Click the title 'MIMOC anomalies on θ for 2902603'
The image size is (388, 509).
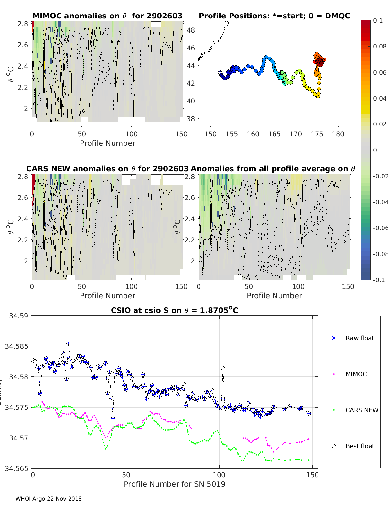(x=107, y=16)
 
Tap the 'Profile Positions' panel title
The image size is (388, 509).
(x=274, y=16)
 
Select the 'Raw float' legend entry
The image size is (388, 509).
(x=360, y=338)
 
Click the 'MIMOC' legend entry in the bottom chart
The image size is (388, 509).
(x=356, y=374)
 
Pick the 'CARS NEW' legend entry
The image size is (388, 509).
(x=361, y=410)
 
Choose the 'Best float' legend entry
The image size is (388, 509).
(x=360, y=446)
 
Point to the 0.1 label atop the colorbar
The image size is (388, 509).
(x=378, y=20)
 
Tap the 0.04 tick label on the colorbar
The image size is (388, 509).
(x=380, y=98)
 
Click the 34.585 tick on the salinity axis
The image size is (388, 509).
(x=17, y=346)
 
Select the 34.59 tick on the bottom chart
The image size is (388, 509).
(x=18, y=316)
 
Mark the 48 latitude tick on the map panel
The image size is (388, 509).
(x=191, y=30)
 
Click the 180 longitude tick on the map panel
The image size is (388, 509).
(x=338, y=134)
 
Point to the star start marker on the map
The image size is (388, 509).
(x=220, y=73)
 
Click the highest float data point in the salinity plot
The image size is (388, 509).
(x=68, y=344)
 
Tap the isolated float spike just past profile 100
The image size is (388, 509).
(x=223, y=368)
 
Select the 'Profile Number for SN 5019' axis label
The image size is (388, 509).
(x=174, y=484)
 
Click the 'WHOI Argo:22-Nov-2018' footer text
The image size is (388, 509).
(x=48, y=499)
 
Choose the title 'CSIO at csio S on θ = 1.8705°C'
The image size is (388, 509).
(x=174, y=310)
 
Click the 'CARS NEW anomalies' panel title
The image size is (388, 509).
(x=107, y=169)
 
